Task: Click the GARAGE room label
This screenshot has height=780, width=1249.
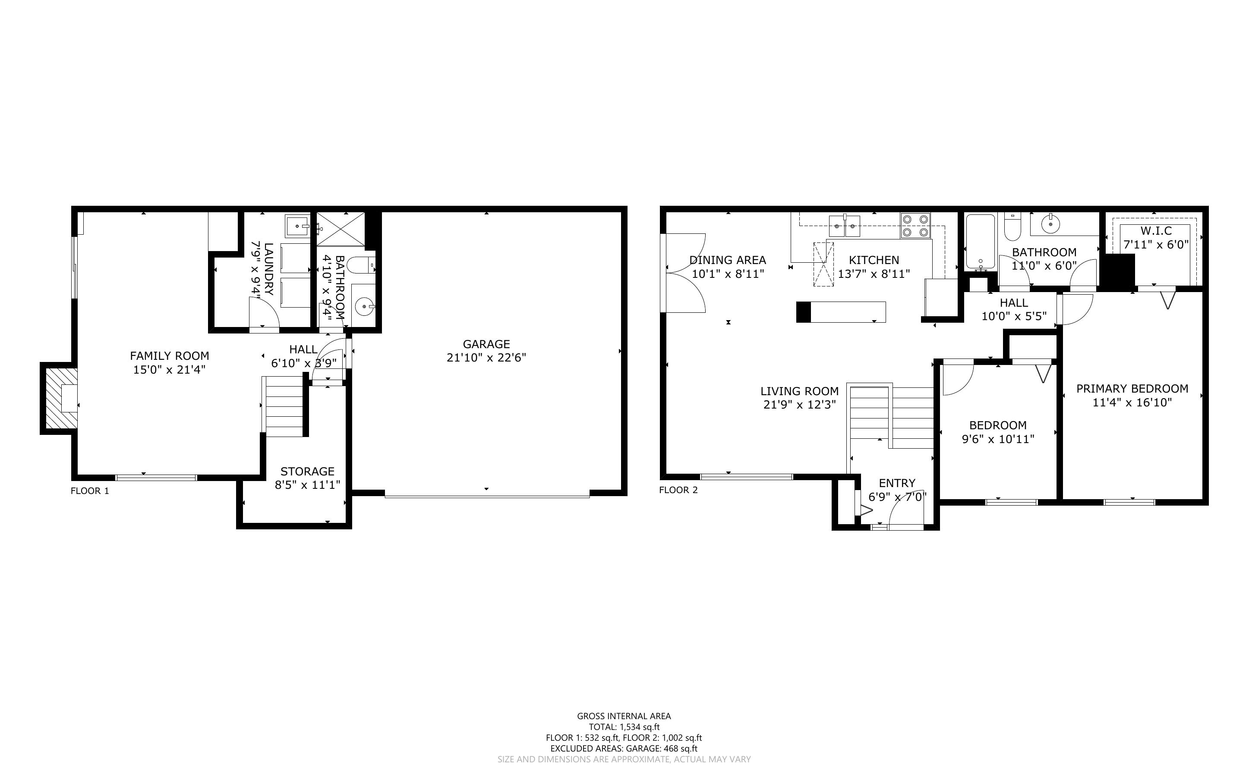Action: [x=486, y=344]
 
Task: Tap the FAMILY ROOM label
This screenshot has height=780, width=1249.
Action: [x=169, y=356]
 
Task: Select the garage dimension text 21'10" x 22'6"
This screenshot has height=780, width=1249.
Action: [x=486, y=358]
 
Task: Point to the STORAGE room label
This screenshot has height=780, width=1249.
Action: [x=307, y=472]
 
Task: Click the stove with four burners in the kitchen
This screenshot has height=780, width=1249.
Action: [x=916, y=226]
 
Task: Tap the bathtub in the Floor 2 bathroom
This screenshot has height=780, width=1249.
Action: [x=980, y=242]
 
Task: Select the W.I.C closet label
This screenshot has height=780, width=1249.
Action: [x=1156, y=231]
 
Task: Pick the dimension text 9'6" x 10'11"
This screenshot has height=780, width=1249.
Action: [x=998, y=439]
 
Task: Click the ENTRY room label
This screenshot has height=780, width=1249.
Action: [x=897, y=483]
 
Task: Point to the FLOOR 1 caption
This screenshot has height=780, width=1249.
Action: [x=90, y=491]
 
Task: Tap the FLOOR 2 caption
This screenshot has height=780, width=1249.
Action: [x=678, y=490]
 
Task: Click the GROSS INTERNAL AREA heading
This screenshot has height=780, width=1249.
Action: [x=624, y=716]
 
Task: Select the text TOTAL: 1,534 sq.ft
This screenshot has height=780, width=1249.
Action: [x=624, y=727]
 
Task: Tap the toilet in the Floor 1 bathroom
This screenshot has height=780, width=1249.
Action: [x=361, y=266]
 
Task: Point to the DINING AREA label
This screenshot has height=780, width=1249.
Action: [x=727, y=261]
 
